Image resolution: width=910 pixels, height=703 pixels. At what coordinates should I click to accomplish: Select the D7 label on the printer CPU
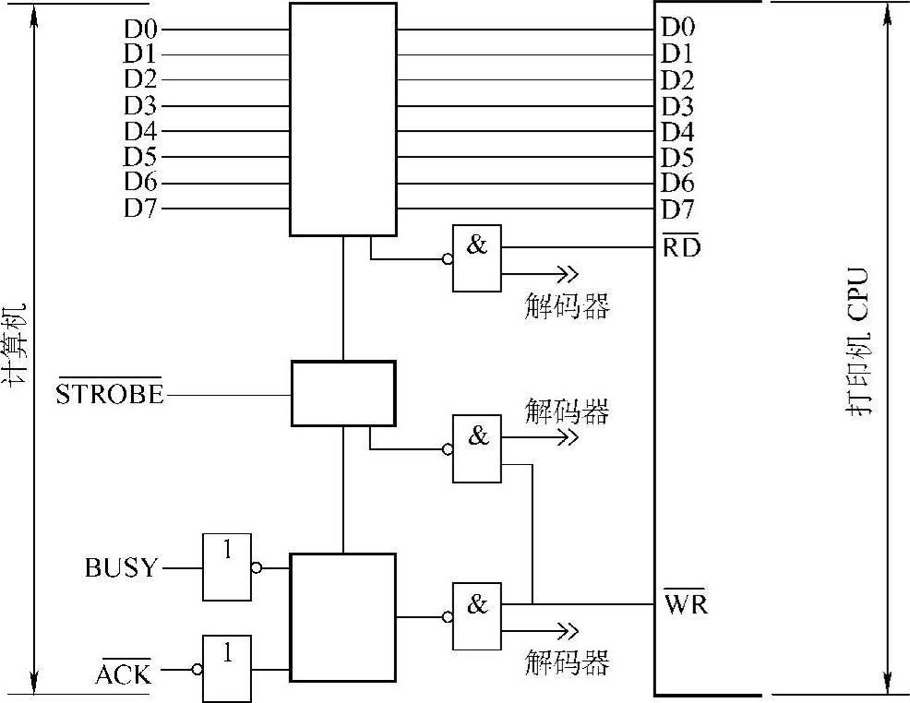pyautogui.click(x=677, y=209)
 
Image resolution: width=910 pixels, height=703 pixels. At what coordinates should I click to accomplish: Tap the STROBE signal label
pyautogui.click(x=109, y=395)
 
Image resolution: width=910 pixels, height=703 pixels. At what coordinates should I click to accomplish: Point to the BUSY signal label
pyautogui.click(x=121, y=567)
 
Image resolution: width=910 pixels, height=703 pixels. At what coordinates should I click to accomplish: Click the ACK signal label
pyautogui.click(x=123, y=675)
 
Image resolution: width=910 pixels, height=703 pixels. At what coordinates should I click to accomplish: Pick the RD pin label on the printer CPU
pyautogui.click(x=681, y=247)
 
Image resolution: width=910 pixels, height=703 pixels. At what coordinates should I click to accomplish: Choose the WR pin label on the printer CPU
pyautogui.click(x=685, y=605)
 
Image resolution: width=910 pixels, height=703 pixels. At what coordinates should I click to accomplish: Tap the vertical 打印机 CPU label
pyautogui.click(x=859, y=343)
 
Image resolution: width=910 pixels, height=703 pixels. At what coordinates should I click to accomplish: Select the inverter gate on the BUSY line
pyautogui.click(x=226, y=566)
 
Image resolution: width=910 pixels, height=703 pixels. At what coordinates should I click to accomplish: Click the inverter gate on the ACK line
pyautogui.click(x=226, y=668)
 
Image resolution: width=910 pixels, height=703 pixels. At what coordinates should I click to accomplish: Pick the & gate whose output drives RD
pyautogui.click(x=476, y=257)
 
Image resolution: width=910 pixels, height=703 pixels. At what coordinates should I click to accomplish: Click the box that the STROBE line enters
pyautogui.click(x=343, y=393)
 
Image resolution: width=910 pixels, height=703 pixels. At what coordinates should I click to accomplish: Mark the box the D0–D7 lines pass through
pyautogui.click(x=342, y=118)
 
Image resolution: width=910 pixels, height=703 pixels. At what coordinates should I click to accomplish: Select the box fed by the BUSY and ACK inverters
pyautogui.click(x=342, y=616)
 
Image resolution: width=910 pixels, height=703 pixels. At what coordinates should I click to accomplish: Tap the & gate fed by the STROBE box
pyautogui.click(x=476, y=448)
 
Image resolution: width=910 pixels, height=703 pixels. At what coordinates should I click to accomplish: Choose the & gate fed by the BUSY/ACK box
pyautogui.click(x=476, y=615)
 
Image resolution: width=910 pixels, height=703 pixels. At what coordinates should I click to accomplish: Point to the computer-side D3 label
pyautogui.click(x=140, y=106)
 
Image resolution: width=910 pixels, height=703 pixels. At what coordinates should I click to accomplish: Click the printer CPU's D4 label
pyautogui.click(x=677, y=131)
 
